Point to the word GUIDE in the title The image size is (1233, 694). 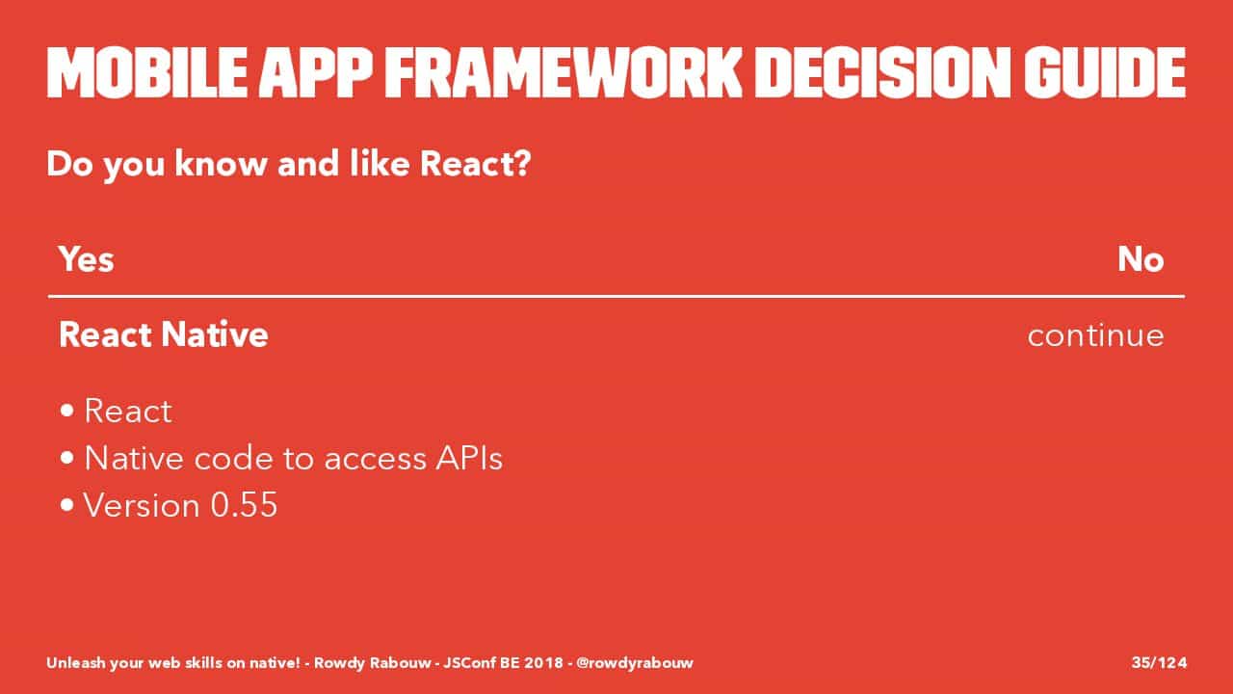[x=1105, y=72]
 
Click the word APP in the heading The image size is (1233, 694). [x=316, y=72]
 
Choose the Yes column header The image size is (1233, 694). [x=87, y=259]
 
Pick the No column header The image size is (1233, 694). [x=1141, y=259]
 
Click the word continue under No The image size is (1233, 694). [x=1095, y=334]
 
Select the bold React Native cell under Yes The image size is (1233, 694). [x=164, y=334]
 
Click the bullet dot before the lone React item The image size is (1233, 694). [x=67, y=411]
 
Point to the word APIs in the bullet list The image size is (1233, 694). [x=469, y=458]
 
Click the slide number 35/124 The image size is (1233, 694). [x=1159, y=662]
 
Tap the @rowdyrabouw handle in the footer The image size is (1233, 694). [x=634, y=662]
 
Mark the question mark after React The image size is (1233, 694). [x=523, y=163]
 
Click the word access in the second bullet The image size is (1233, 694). [x=375, y=460]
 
